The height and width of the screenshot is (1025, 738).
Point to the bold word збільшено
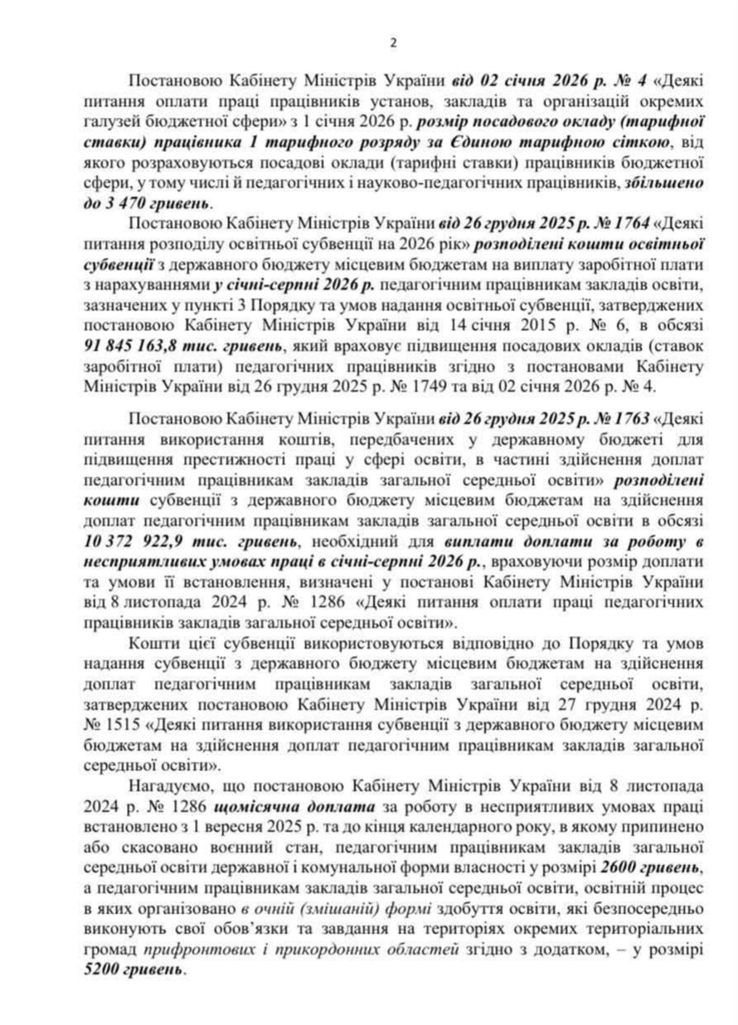coord(668,181)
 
